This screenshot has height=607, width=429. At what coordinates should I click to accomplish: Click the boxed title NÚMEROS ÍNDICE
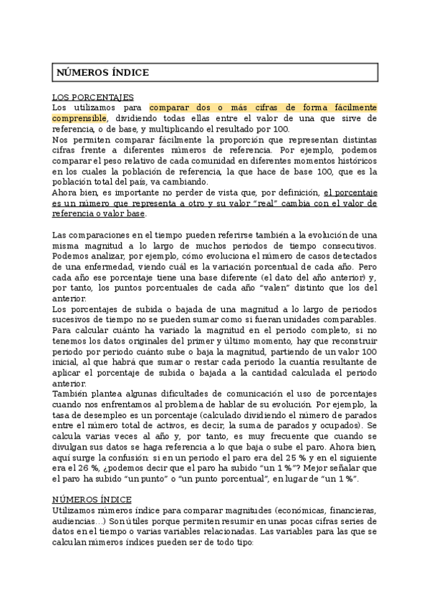[x=102, y=72]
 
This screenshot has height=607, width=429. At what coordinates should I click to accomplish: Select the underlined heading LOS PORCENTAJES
[x=93, y=97]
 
